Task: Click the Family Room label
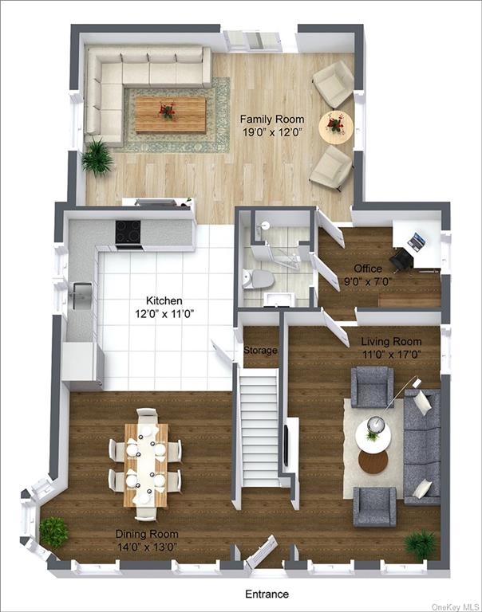point(272,119)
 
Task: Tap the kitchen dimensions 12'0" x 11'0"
point(164,314)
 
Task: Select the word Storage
point(260,350)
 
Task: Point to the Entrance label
point(267,594)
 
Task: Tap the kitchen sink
point(81,296)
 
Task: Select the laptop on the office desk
point(417,241)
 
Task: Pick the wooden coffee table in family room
point(171,115)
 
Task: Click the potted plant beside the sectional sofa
point(97,158)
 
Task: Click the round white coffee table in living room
point(373,433)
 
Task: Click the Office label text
point(368,269)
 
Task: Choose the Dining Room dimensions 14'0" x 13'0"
point(147,547)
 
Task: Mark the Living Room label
point(391,342)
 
